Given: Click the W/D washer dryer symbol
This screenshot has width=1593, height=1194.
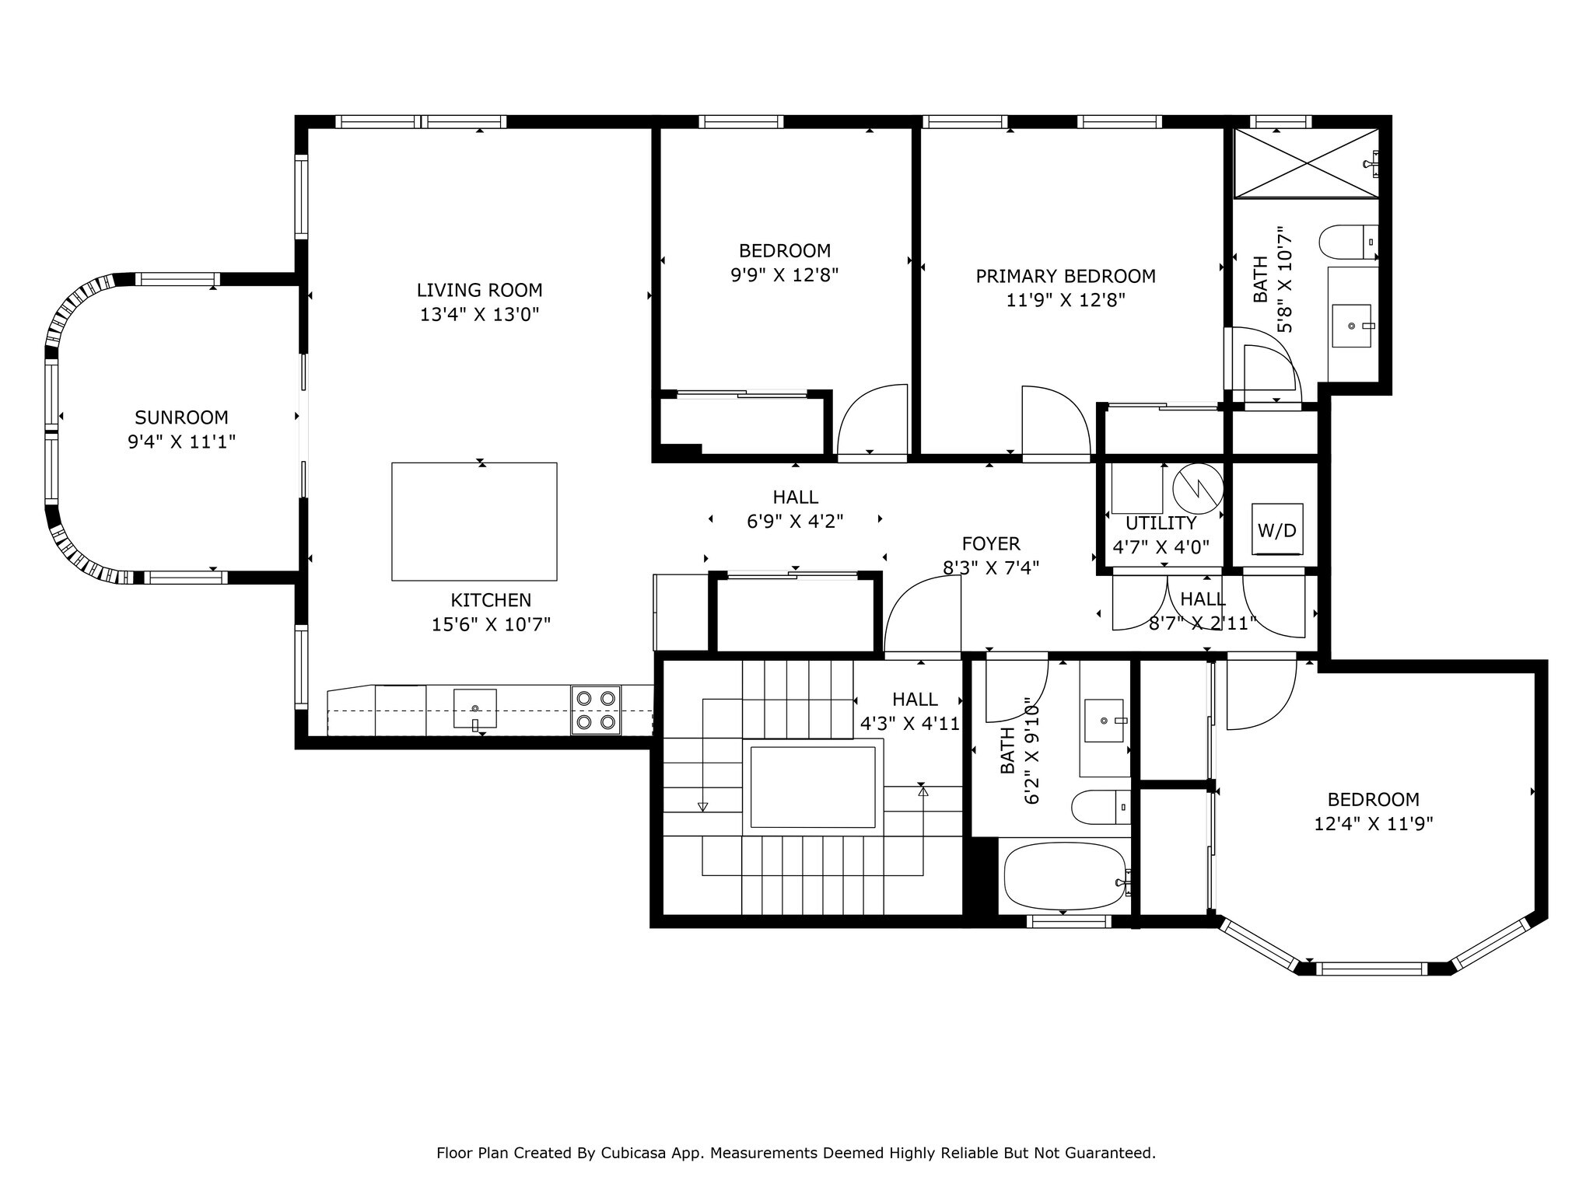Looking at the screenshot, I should point(1277,530).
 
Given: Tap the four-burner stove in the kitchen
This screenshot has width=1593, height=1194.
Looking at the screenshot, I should point(596,710).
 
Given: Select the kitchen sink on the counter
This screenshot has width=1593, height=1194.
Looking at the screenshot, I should point(474,707).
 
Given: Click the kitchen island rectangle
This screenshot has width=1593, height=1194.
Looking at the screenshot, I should point(474,522).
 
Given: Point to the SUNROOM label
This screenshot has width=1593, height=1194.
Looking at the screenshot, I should point(181,417).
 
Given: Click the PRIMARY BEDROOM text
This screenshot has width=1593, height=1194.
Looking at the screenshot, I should point(1066,276).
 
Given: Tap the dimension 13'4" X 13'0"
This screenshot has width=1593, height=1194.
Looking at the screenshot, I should point(479,315).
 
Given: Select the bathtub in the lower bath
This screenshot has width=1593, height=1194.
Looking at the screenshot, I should point(1064,876).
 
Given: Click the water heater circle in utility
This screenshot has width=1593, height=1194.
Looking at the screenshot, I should point(1198,488).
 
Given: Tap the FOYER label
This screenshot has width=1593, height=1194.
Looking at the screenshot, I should point(991,543).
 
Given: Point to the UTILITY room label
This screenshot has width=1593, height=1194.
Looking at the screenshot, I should point(1161,523).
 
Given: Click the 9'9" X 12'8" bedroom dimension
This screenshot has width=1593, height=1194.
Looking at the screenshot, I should point(784,275).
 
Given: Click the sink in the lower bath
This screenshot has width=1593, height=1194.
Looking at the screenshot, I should point(1104,720).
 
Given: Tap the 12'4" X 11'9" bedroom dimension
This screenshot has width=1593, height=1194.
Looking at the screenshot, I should point(1373,824).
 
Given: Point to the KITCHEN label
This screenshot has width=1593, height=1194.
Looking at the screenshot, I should point(491,600).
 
